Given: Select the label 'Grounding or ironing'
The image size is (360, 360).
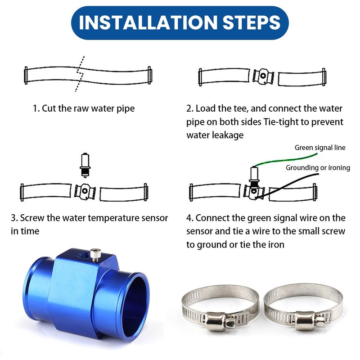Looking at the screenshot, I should click(318, 168).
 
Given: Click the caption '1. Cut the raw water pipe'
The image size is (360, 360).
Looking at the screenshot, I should click(83, 108).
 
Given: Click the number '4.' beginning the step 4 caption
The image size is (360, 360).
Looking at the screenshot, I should click(190, 218).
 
